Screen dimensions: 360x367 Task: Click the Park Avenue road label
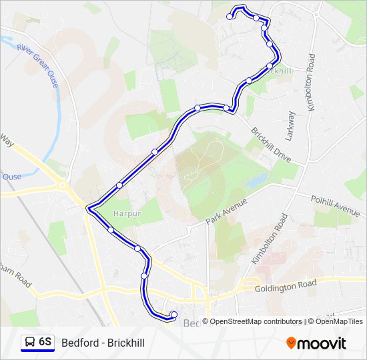[x=226, y=211]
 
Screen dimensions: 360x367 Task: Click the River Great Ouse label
[x=39, y=66]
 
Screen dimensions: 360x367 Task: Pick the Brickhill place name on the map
[x=276, y=71]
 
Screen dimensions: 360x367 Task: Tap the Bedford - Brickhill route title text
[x=103, y=343]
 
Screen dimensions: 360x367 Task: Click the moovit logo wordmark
[x=322, y=343]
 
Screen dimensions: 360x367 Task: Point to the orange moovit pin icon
[x=291, y=343]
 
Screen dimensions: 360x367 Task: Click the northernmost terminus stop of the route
[x=230, y=17]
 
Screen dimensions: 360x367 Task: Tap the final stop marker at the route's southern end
[x=173, y=315]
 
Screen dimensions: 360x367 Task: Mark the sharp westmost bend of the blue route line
[x=89, y=207]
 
